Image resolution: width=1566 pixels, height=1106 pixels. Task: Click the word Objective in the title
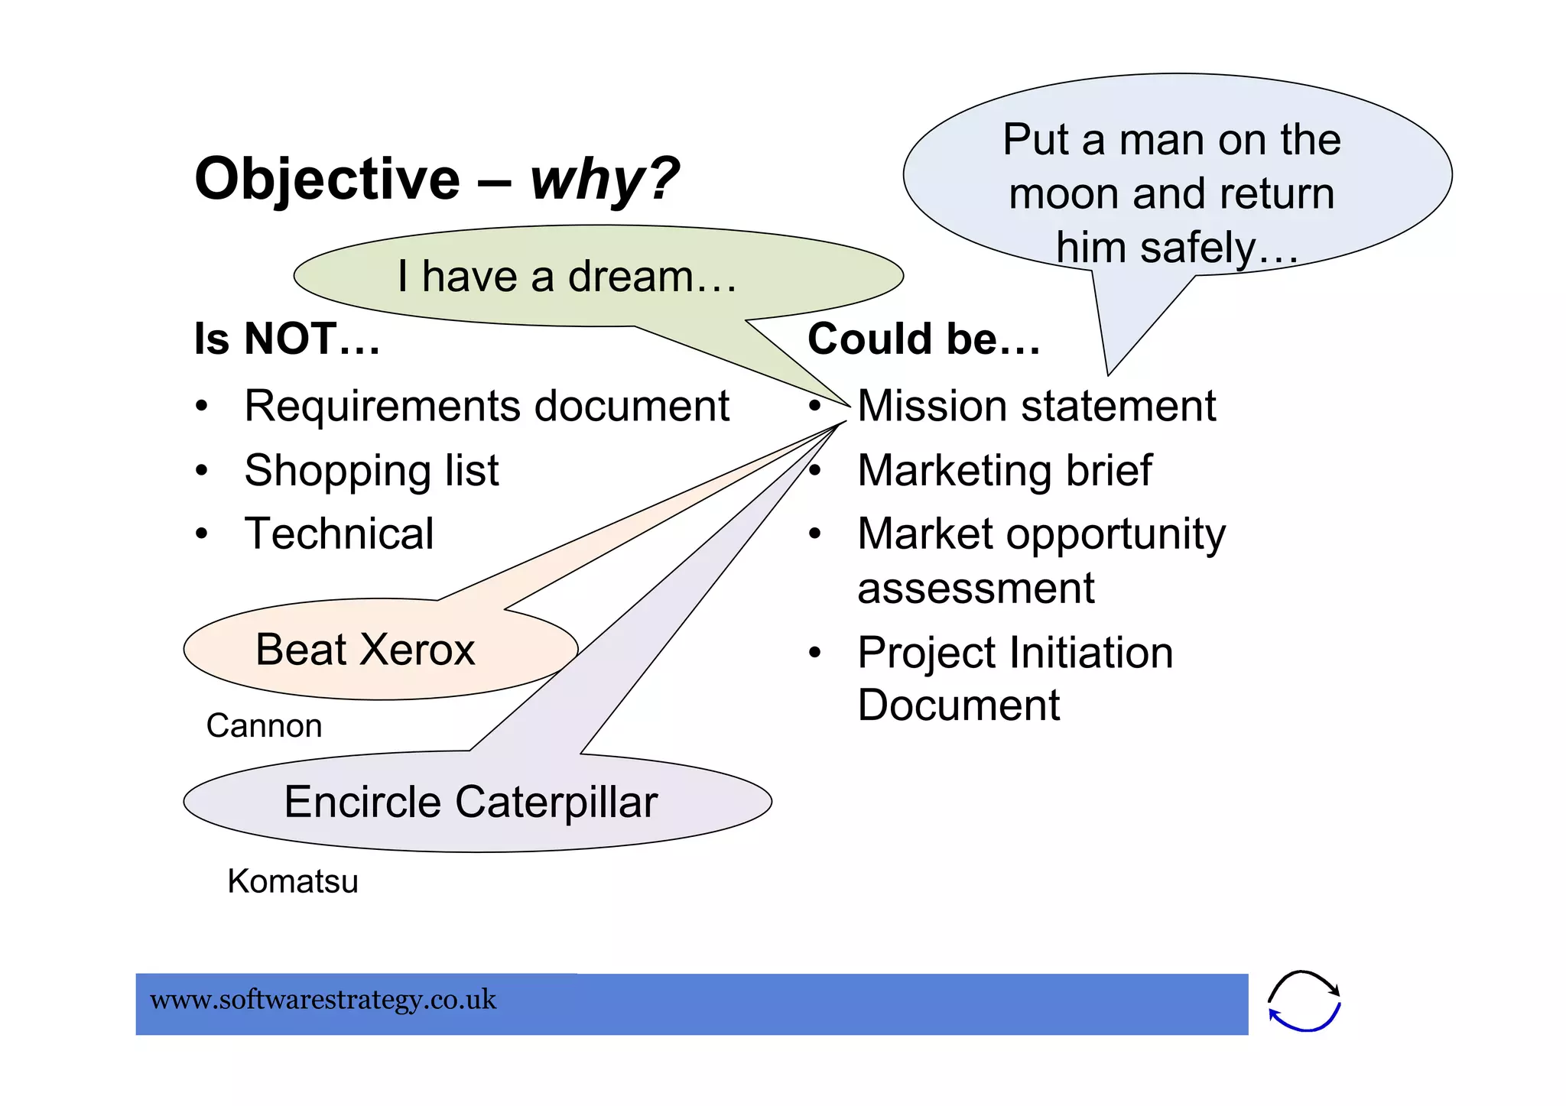327,179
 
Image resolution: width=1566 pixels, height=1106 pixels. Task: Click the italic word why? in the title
604,179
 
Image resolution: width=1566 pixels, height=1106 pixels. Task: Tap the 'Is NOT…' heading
287,339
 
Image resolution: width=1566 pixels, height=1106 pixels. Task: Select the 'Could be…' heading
924,339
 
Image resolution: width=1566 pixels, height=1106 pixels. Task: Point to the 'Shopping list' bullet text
371,470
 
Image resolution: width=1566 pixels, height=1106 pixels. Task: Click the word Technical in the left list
339,534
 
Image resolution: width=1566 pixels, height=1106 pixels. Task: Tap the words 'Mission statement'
1036,406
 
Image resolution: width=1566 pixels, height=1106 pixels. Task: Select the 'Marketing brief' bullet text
1004,470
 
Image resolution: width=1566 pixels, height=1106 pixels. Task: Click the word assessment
976,589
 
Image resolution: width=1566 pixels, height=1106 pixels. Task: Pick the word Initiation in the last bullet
1090,653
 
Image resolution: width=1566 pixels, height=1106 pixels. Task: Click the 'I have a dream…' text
567,276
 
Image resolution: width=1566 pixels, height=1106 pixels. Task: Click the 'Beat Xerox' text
365,650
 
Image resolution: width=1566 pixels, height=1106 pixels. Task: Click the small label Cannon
264,725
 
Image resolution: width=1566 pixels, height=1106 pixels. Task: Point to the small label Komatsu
293,881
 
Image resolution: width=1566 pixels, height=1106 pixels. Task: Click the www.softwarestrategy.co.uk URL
323,1000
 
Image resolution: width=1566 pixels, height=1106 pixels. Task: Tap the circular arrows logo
1304,1001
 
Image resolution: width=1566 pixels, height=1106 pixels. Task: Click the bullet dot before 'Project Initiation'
815,653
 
